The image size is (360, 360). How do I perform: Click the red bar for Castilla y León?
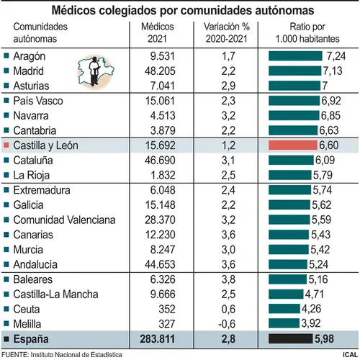[x=293, y=145]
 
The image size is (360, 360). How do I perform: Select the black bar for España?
[x=291, y=338]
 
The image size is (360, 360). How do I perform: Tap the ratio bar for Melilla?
[x=284, y=323]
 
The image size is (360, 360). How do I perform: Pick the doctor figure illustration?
[x=94, y=71]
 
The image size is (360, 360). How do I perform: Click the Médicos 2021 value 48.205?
[x=160, y=71]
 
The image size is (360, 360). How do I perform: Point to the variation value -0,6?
[x=227, y=324]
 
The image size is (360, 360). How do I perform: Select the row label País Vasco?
[x=38, y=101]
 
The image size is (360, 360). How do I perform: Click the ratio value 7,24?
[x=336, y=56]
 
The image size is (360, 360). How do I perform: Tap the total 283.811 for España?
[x=158, y=339]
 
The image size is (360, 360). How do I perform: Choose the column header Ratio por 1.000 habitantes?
[x=307, y=32]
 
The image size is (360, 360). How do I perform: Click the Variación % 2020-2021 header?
[x=227, y=32]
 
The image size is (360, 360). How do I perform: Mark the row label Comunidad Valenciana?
[x=64, y=220]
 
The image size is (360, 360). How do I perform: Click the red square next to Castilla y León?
[x=6, y=145]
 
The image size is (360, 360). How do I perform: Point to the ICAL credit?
[x=351, y=355]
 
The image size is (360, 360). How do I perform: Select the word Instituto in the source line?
[x=42, y=355]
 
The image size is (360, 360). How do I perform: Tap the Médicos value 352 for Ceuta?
[x=167, y=309]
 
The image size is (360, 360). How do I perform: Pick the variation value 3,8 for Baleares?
[x=228, y=279]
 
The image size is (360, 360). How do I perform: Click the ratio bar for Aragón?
[x=295, y=56]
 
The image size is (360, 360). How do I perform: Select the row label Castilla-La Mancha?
[x=55, y=294]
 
